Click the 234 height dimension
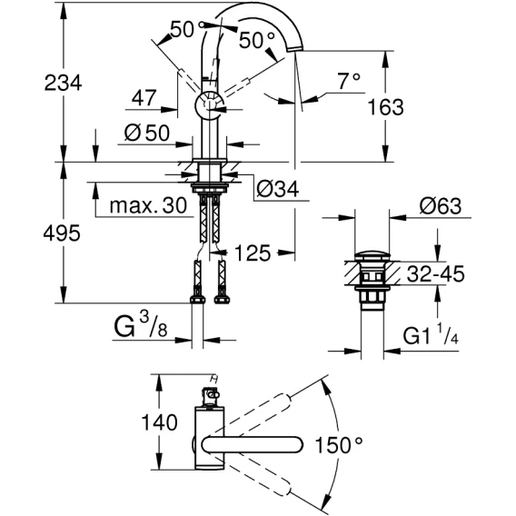pyautogui.click(x=63, y=83)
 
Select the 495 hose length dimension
pyautogui.click(x=62, y=233)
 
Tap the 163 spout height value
pyautogui.click(x=385, y=107)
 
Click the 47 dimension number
pyautogui.click(x=144, y=97)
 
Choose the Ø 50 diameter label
pyautogui.click(x=147, y=133)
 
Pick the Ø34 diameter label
pyautogui.click(x=278, y=189)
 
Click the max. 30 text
pyautogui.click(x=148, y=205)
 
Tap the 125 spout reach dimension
pyautogui.click(x=253, y=253)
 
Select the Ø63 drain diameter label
pyautogui.click(x=441, y=206)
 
